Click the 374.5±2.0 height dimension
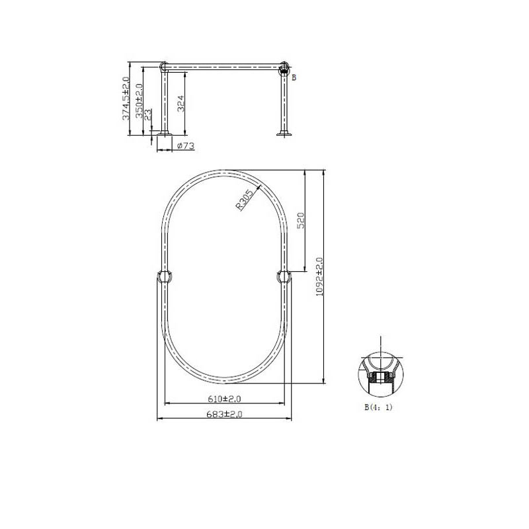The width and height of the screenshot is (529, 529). click(126, 98)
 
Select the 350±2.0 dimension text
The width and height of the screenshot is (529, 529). click(139, 101)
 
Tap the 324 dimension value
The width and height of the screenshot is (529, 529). click(181, 104)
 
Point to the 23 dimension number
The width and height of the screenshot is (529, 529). click(148, 115)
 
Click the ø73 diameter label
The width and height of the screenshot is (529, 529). click(186, 146)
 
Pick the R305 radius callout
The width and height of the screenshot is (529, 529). click(244, 200)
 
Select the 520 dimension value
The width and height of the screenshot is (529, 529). click(301, 220)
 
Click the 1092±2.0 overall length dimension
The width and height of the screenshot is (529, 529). click(319, 277)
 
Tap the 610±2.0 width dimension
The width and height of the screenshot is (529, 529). click(224, 399)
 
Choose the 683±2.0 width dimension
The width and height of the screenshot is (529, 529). click(224, 414)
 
